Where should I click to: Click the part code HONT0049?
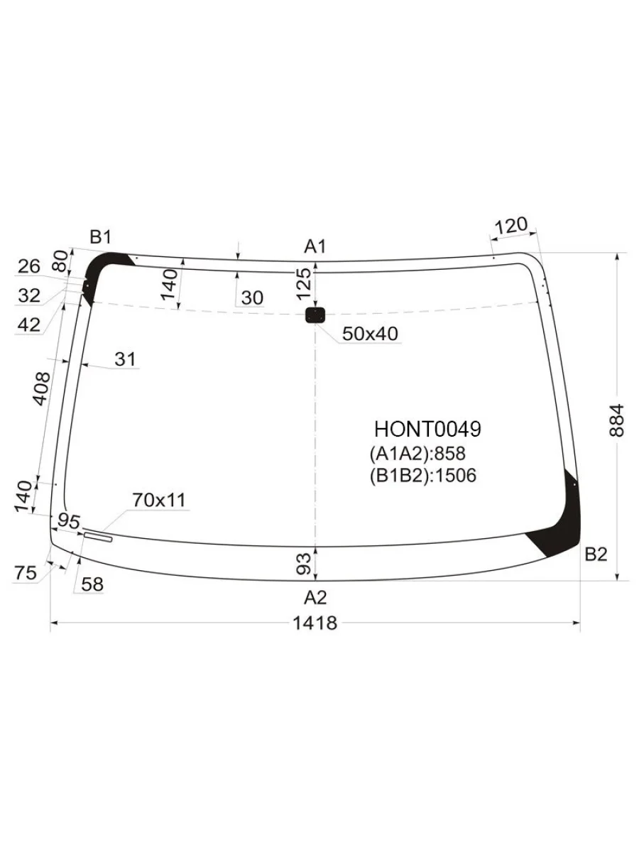coord(427,430)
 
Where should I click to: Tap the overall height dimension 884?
coord(616,421)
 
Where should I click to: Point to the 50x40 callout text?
coord(370,334)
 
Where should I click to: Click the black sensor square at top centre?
coord(315,315)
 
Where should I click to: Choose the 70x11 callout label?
coord(159,501)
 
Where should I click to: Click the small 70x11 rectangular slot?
coord(98,537)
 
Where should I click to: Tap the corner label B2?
coord(596,555)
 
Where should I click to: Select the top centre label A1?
coord(315,246)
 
